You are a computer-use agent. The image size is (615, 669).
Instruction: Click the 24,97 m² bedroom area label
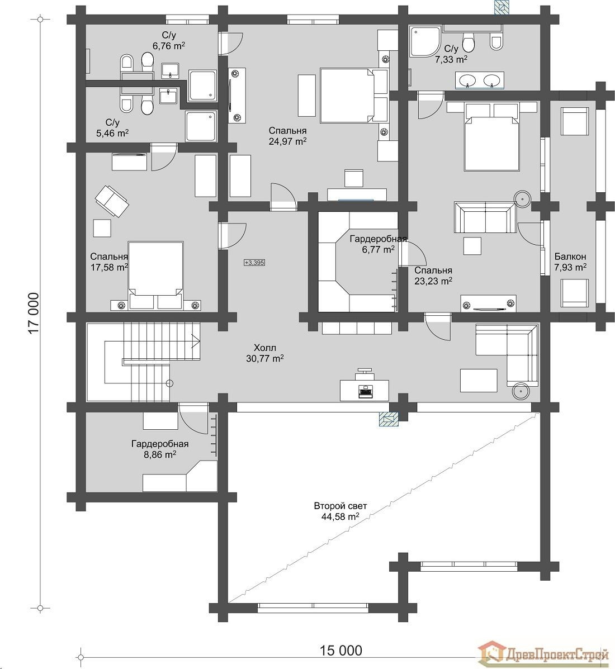(x=287, y=136)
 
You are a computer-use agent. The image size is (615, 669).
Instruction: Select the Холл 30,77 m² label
(x=266, y=353)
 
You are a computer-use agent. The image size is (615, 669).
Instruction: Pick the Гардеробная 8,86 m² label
(x=159, y=449)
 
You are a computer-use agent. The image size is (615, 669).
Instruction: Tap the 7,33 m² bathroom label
(x=451, y=53)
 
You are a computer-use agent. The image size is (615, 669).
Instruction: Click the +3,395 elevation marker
(x=254, y=262)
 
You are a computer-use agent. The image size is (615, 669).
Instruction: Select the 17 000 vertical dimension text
(x=34, y=313)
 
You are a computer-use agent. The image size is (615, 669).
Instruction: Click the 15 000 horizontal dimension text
(x=340, y=650)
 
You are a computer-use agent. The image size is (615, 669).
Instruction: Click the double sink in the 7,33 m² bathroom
(x=479, y=80)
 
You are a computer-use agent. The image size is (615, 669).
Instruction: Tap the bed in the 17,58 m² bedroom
(x=156, y=274)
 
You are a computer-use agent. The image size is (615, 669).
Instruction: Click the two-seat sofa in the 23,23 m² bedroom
(x=484, y=218)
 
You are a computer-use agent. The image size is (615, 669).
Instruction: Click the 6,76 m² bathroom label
(x=168, y=42)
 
